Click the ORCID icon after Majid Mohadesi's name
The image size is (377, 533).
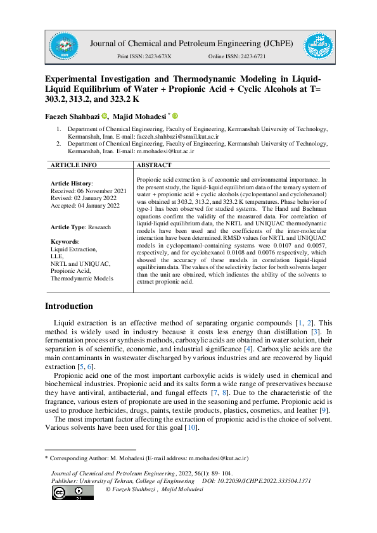[x=176, y=116]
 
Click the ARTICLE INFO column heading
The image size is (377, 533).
[x=73, y=165]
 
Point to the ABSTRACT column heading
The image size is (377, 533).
[x=154, y=165]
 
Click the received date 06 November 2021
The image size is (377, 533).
[x=103, y=191]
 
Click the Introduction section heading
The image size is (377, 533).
[x=69, y=306]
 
